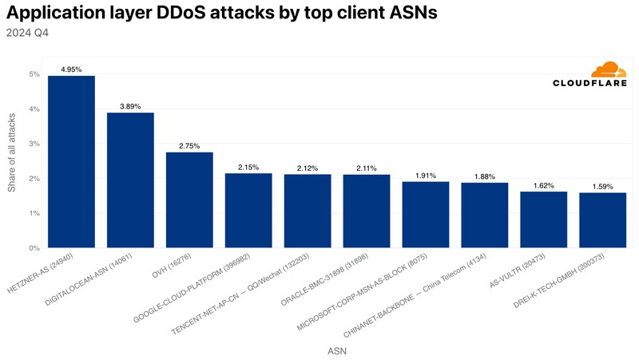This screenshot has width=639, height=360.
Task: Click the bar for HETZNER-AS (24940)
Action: pyautogui.click(x=71, y=162)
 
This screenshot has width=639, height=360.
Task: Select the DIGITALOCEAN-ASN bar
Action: pyautogui.click(x=130, y=180)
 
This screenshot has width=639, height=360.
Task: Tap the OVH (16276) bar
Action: pyautogui.click(x=189, y=200)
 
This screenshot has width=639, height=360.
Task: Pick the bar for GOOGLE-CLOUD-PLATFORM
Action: pyautogui.click(x=248, y=211)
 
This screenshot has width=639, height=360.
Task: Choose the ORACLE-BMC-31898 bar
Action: pyautogui.click(x=367, y=212)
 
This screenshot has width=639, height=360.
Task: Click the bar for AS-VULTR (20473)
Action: pyautogui.click(x=544, y=220)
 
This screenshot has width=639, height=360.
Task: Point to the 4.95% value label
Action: pyautogui.click(x=71, y=69)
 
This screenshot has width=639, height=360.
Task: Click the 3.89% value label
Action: pyautogui.click(x=130, y=106)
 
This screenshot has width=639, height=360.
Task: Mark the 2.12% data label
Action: pyautogui.click(x=308, y=168)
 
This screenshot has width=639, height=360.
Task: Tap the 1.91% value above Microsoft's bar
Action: pyautogui.click(x=426, y=176)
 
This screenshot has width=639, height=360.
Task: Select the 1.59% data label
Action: pyautogui.click(x=603, y=186)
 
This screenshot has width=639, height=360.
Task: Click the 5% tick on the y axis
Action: pyautogui.click(x=34, y=74)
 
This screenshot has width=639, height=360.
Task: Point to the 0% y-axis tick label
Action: pyautogui.click(x=34, y=247)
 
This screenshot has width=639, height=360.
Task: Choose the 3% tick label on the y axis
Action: pyautogui.click(x=34, y=144)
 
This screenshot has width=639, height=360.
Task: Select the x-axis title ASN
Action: pyautogui.click(x=336, y=350)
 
